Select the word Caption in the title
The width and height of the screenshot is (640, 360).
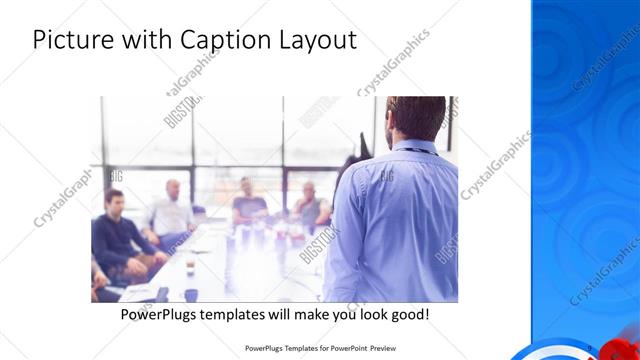(x=219, y=40)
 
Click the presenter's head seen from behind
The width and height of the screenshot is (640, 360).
(x=416, y=118)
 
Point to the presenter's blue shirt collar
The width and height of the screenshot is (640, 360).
(x=412, y=147)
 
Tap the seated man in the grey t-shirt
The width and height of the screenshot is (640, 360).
(x=248, y=202)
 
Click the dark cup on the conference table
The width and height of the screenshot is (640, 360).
(x=191, y=294)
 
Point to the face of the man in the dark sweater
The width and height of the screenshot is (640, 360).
(x=115, y=200)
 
